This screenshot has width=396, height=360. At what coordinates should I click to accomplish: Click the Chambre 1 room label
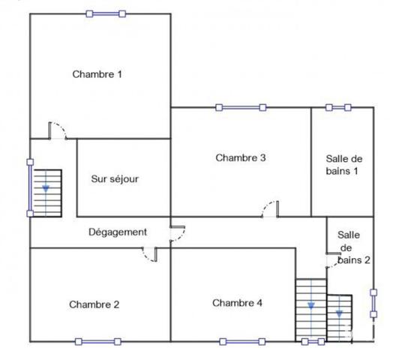point(97,74)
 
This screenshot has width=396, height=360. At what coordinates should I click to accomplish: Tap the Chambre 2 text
point(94,304)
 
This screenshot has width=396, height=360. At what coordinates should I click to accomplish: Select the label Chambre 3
point(241,157)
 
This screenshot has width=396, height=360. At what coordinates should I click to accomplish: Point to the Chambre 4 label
point(237,303)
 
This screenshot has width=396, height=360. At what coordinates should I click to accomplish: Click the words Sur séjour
point(115,179)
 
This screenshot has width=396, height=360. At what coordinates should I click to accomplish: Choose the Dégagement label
point(118,232)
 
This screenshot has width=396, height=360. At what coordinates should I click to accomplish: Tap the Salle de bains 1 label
point(345,164)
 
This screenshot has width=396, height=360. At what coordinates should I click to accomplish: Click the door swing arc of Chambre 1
point(58,130)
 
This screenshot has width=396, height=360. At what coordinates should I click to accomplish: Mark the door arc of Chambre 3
point(270,208)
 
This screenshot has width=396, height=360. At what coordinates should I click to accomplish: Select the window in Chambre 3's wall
point(240,107)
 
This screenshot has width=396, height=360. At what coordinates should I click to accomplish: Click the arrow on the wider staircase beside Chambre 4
point(310,305)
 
